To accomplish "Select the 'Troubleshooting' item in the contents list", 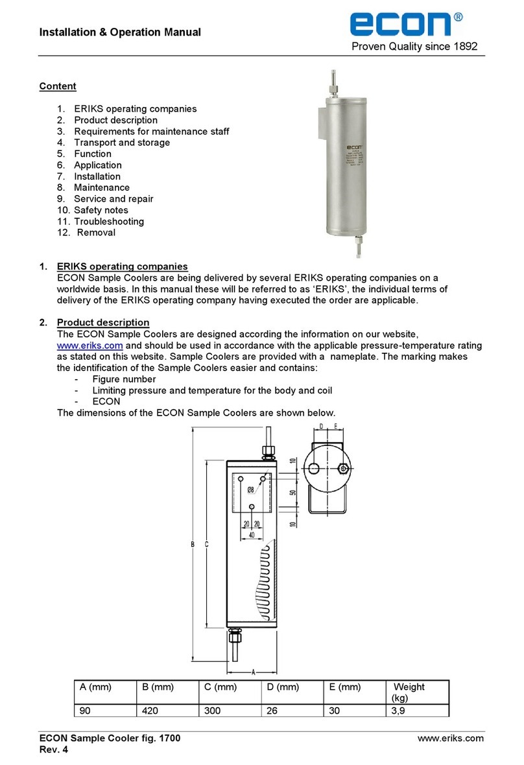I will (109, 221).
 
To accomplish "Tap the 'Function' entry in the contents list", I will (92, 154).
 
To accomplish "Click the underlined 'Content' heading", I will (58, 86).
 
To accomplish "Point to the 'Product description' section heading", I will (103, 322).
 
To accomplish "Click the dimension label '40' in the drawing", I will (252, 535).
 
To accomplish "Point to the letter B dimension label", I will (193, 545).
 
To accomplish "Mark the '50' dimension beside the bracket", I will (292, 493).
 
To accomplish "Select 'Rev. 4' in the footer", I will (53, 749).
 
